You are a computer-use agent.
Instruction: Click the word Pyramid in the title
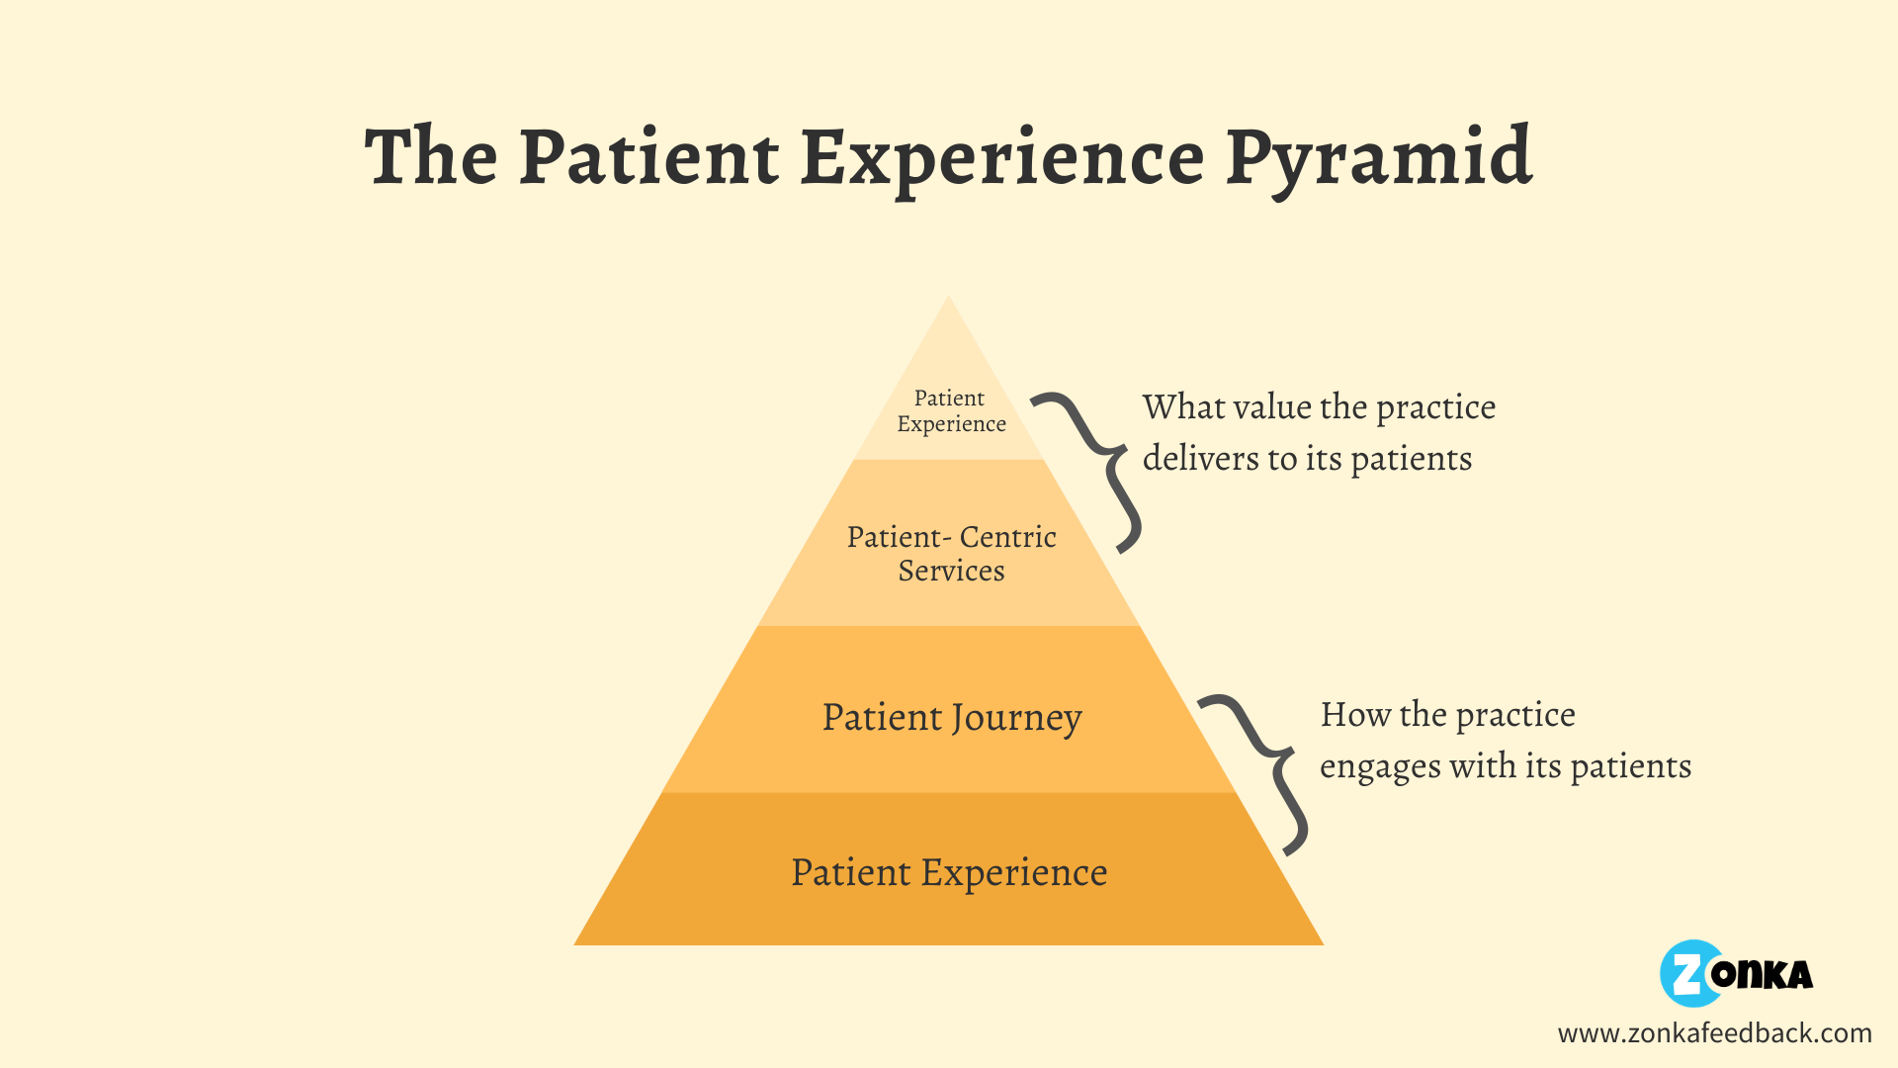pos(1379,158)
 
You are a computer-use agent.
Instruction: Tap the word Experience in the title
pos(1001,158)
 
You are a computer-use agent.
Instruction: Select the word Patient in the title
pos(649,158)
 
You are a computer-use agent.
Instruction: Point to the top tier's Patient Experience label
pos(951,411)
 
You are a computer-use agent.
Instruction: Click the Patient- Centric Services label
pos(951,554)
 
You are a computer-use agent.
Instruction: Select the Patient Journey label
pos(951,718)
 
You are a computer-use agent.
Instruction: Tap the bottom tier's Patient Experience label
pos(949,872)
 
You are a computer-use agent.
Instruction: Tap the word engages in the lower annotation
pos(1379,767)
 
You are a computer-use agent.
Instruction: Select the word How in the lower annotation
pos(1355,715)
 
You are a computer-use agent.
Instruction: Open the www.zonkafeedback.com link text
pos(1714,1033)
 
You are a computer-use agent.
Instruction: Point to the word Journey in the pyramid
pos(1016,719)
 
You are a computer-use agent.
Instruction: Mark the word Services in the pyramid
pos(951,572)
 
